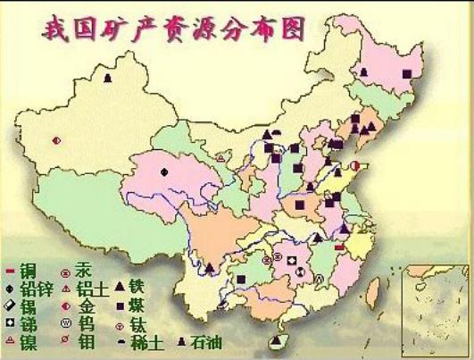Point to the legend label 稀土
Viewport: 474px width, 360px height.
click(148, 341)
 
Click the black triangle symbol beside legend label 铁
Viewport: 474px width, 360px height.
click(118, 287)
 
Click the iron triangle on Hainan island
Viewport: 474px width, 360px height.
click(285, 340)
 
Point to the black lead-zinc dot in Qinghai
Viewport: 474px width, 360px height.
click(164, 171)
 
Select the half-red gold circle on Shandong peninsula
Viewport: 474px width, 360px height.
click(354, 166)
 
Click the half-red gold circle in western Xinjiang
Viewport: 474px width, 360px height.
click(57, 140)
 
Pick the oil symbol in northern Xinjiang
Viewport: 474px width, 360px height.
click(108, 78)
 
